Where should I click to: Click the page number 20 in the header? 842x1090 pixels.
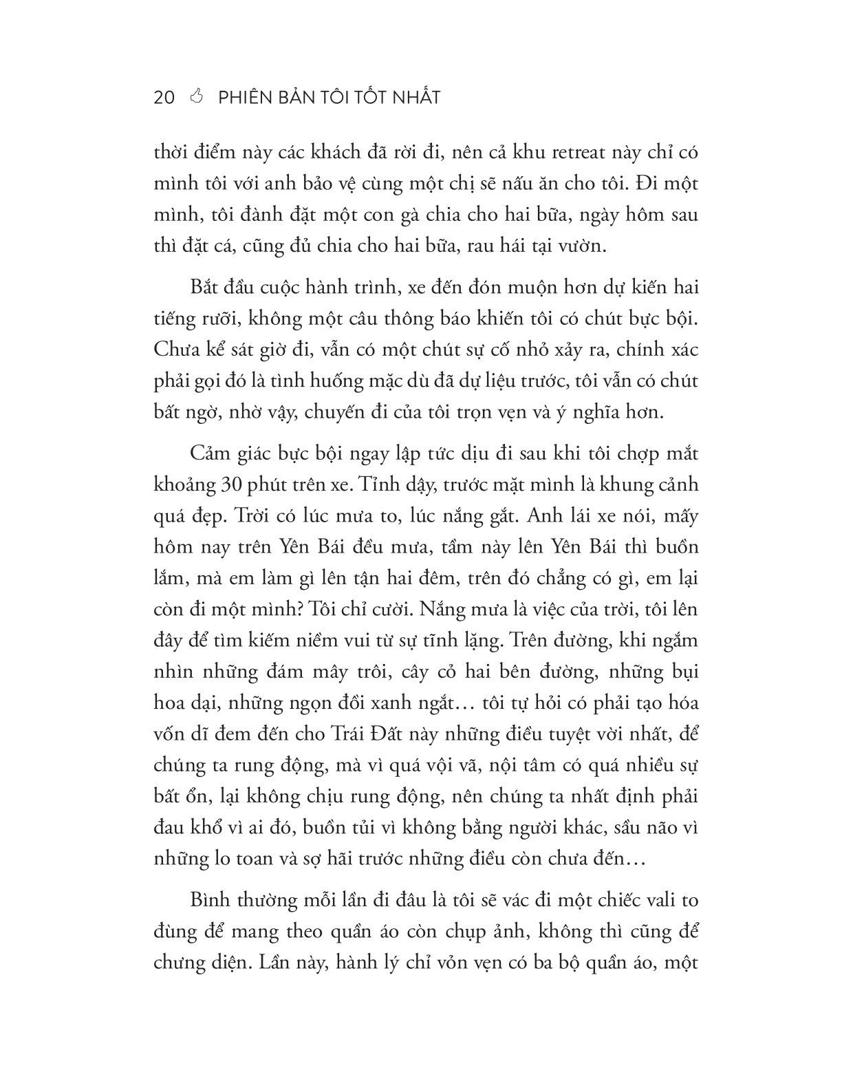click(x=164, y=97)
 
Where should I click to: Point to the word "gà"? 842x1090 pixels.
click(x=432, y=215)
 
